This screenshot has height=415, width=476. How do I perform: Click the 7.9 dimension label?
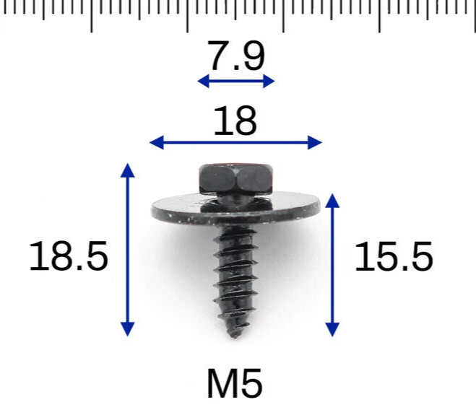(236, 56)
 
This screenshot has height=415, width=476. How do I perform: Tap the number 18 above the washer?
(235, 121)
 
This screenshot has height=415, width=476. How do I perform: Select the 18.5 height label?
(69, 256)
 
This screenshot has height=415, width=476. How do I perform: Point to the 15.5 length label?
(394, 257)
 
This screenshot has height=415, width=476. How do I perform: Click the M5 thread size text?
(235, 384)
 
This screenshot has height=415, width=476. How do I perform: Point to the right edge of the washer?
(317, 206)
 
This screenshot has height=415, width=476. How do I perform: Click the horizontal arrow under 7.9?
(236, 81)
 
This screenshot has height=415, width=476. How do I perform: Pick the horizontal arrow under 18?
(235, 143)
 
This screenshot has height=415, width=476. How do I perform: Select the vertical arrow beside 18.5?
(128, 250)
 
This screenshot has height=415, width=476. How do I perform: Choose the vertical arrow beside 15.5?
(332, 264)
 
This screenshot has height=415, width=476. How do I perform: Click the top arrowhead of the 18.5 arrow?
(128, 169)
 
